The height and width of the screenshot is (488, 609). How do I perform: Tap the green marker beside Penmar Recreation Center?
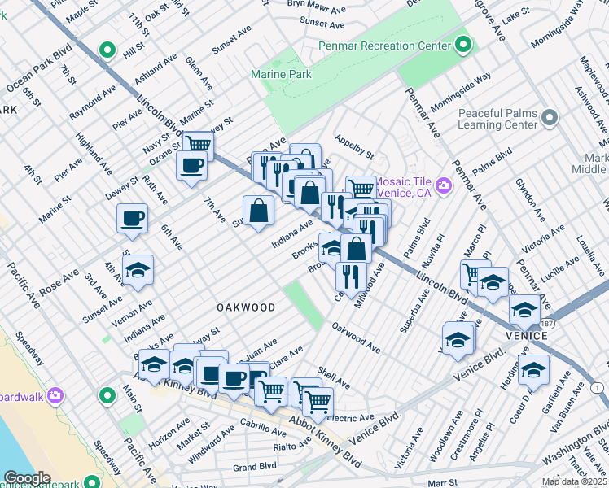point(463,45)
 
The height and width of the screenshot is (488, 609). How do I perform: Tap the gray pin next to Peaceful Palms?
point(550,119)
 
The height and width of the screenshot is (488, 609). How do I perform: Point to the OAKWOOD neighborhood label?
point(245,307)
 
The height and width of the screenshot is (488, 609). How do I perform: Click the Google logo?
point(27,478)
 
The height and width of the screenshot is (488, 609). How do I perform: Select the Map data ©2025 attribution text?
point(574,481)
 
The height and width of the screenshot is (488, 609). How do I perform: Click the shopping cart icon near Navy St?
point(197,145)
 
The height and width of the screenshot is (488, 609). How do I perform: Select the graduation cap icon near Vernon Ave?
point(138,269)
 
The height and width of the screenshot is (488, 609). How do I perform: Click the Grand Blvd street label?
point(256,468)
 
